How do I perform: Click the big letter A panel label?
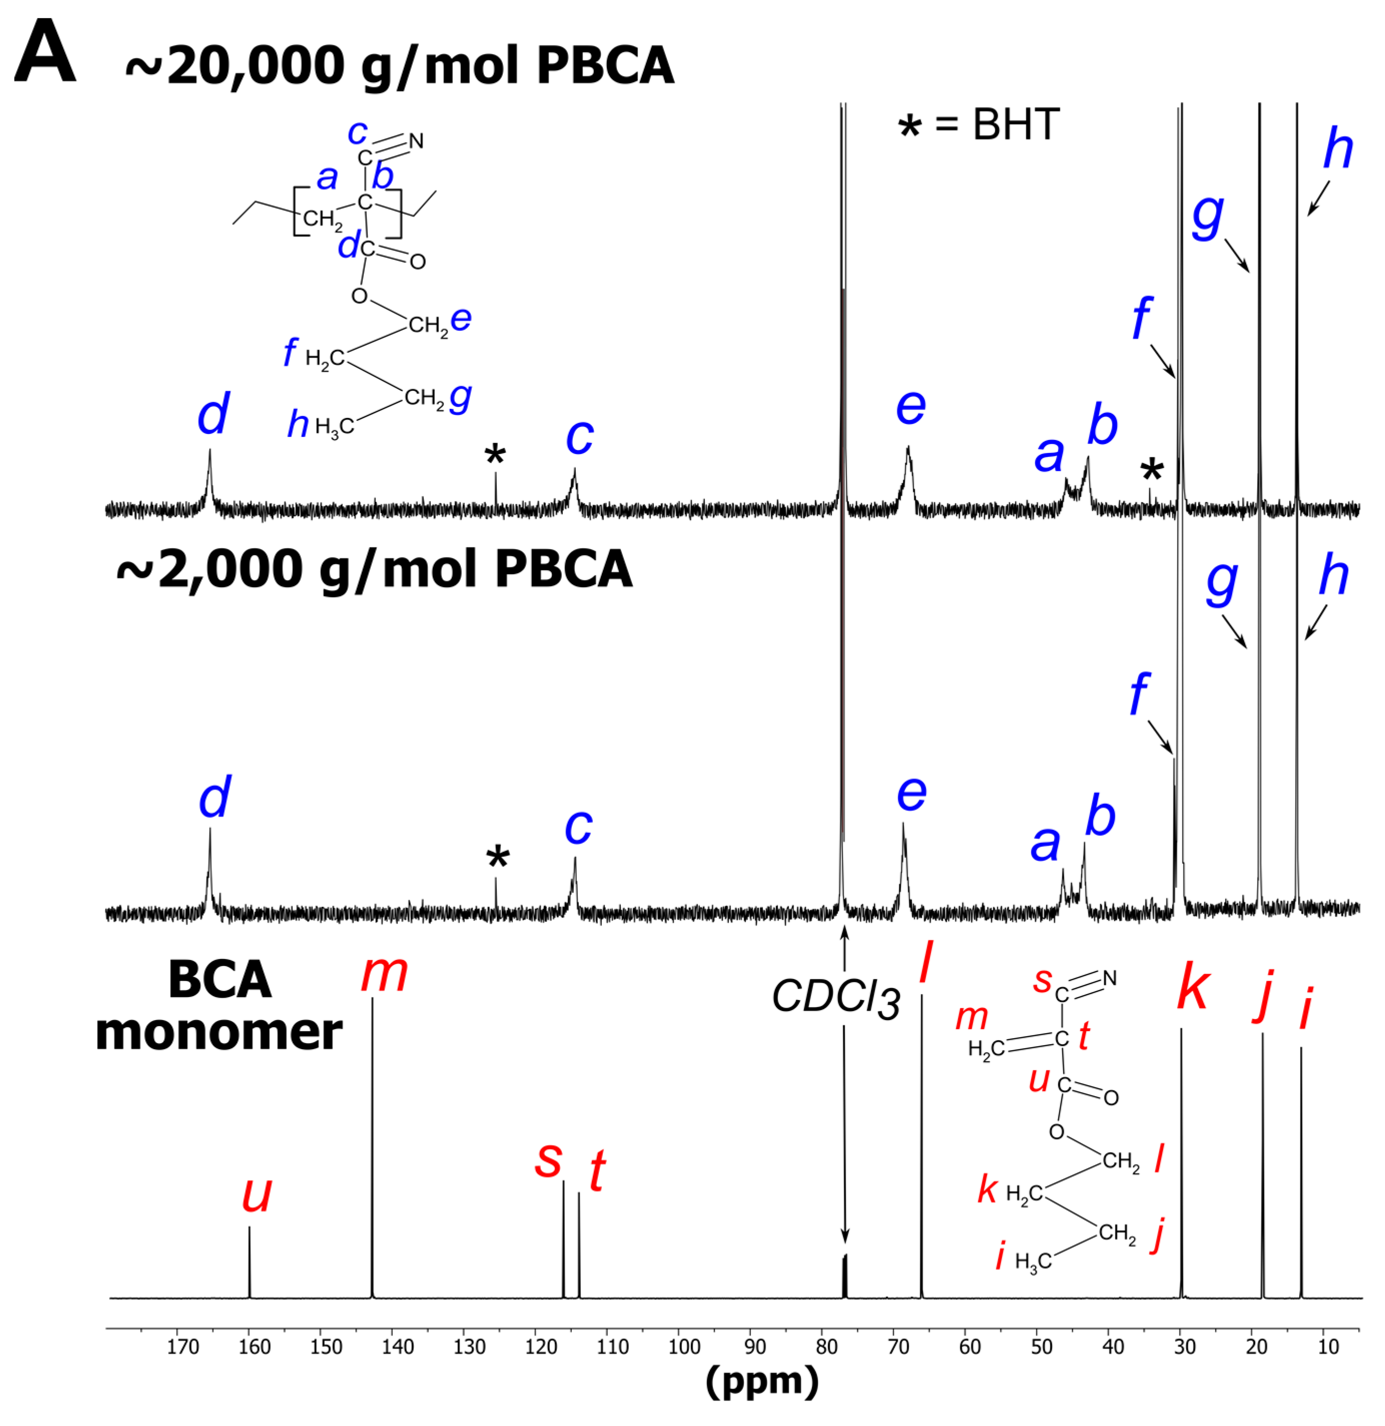point(45,53)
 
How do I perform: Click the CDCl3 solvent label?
point(836,997)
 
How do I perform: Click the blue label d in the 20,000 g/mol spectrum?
point(213,413)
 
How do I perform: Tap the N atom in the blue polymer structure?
point(416,141)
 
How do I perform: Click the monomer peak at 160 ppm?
point(250,1263)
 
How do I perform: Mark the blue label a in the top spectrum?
point(1049,454)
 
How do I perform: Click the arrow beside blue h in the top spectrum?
point(1318,198)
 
